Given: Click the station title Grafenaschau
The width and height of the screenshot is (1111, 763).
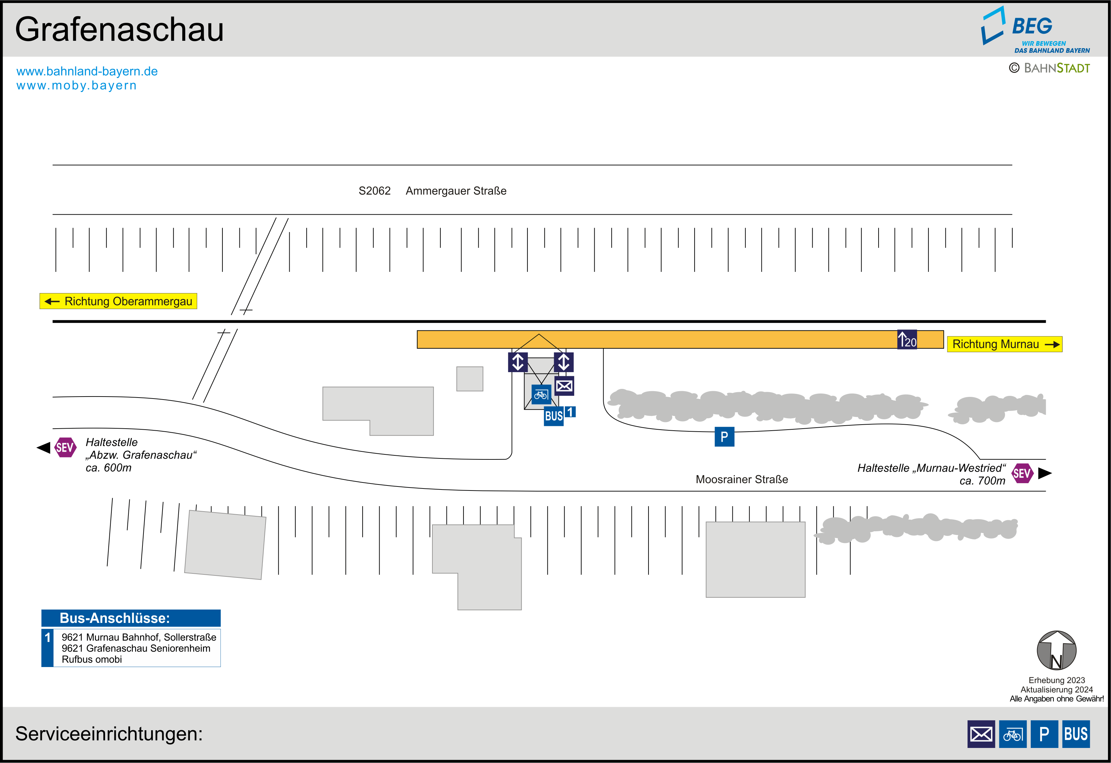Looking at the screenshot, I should pyautogui.click(x=119, y=30).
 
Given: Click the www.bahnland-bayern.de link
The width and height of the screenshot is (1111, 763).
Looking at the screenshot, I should pyautogui.click(x=87, y=71).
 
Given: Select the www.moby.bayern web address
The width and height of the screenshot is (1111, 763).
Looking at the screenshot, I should pyautogui.click(x=77, y=86).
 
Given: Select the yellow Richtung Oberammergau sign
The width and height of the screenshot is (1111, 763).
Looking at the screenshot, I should pyautogui.click(x=118, y=301).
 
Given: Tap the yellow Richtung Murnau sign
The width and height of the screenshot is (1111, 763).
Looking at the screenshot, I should pyautogui.click(x=1004, y=344).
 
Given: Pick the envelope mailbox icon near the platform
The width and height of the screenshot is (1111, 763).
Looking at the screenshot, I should pyautogui.click(x=564, y=386).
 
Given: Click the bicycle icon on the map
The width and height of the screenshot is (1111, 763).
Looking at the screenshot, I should pyautogui.click(x=541, y=395).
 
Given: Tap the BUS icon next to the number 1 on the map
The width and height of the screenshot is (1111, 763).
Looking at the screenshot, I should pyautogui.click(x=553, y=416).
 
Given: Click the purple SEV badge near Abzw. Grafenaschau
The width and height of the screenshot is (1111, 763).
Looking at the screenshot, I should pyautogui.click(x=65, y=447).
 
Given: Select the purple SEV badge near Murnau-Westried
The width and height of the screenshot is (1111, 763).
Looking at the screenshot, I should pyautogui.click(x=1022, y=473).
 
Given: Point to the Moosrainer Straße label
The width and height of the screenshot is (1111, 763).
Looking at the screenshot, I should pyautogui.click(x=741, y=479).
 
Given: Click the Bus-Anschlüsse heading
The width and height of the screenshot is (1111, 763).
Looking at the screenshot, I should pyautogui.click(x=115, y=618).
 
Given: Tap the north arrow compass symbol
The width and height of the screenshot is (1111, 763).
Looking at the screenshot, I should pyautogui.click(x=1056, y=650).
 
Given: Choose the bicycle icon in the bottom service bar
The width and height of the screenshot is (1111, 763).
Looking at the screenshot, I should pyautogui.click(x=1013, y=734).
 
